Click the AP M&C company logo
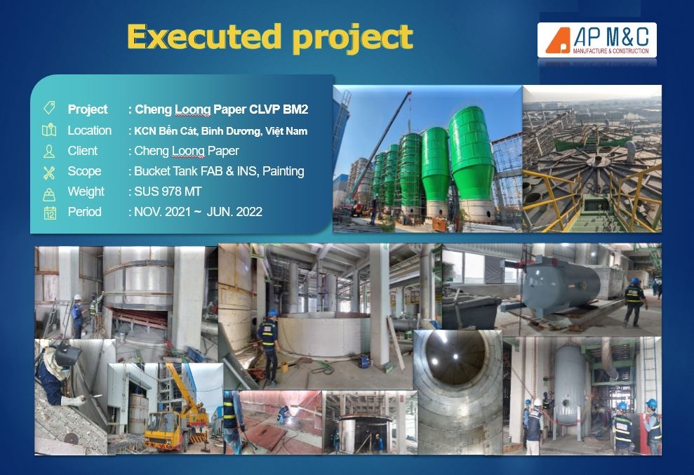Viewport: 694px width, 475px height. point(597,40)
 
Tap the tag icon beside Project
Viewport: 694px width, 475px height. point(49,108)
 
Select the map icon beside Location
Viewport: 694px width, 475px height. point(49,130)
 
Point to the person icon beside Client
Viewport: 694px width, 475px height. point(49,151)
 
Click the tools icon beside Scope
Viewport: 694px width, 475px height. point(49,172)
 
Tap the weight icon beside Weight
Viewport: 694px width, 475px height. point(49,193)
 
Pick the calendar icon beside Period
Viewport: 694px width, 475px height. point(49,213)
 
